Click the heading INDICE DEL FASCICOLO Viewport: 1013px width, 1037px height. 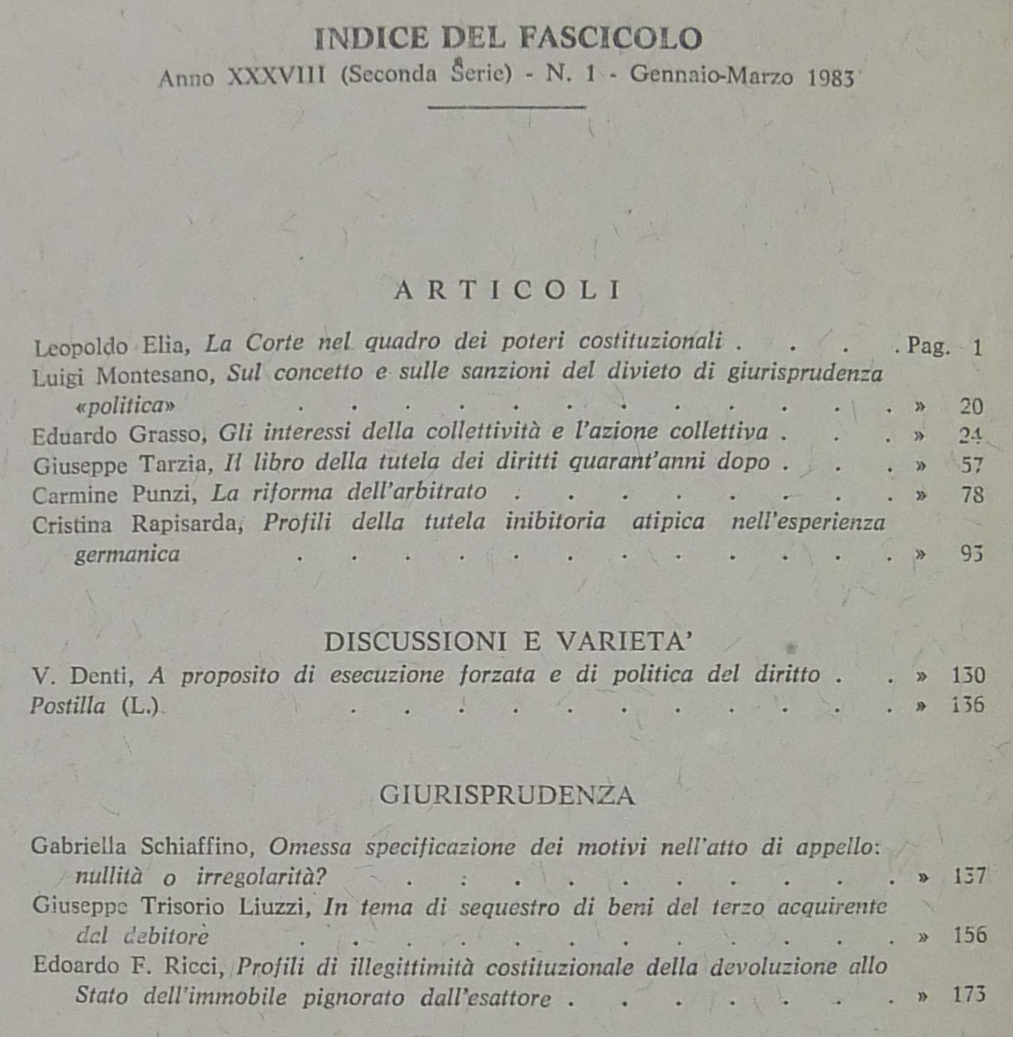coord(507,38)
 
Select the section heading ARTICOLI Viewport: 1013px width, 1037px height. coord(508,290)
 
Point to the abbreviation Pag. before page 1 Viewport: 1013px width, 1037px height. coord(929,346)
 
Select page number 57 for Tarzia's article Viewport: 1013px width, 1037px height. coord(972,466)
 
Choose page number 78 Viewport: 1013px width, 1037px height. coord(972,495)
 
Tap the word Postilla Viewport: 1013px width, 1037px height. coord(68,705)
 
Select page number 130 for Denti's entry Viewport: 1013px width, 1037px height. coord(968,676)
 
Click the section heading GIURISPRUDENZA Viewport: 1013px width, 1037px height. coord(507,795)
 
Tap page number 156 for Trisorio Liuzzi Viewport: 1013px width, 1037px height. coord(969,935)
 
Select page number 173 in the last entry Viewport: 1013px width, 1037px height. coord(969,995)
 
